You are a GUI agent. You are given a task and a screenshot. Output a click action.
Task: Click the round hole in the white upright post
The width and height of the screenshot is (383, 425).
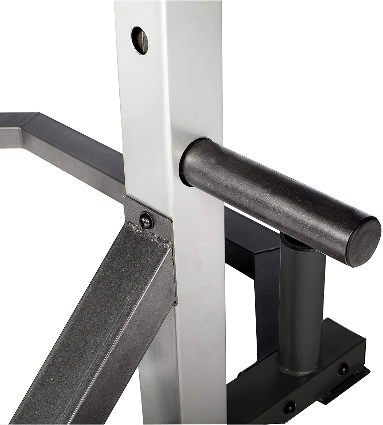point(139,41)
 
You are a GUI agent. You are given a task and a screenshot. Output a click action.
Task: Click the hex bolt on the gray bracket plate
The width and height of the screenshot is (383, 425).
point(146,220)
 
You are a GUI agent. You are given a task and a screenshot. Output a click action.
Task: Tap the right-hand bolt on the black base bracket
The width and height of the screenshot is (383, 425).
point(343,369)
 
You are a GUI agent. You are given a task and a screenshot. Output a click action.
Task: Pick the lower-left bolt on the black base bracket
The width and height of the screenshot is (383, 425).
point(289,407)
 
